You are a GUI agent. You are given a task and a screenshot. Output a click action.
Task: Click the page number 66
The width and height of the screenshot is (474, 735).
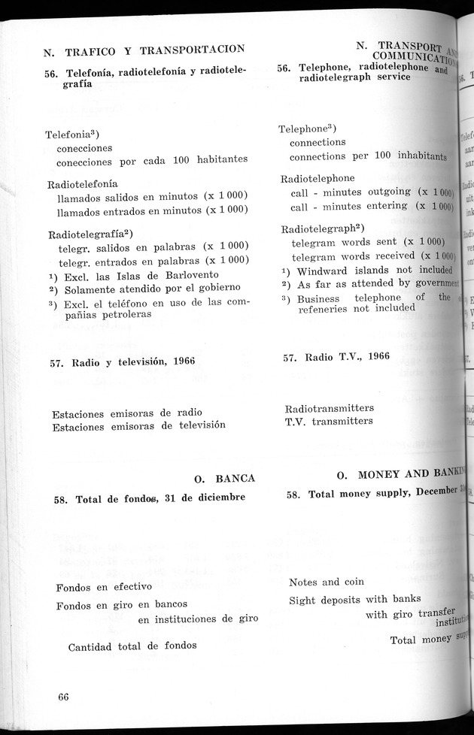[63, 697]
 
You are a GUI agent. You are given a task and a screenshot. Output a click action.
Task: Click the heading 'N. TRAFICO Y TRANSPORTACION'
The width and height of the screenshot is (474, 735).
[144, 50]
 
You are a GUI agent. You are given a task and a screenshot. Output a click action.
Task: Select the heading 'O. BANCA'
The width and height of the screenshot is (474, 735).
[224, 478]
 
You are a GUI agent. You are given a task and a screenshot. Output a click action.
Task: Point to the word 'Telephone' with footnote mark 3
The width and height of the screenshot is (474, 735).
[305, 129]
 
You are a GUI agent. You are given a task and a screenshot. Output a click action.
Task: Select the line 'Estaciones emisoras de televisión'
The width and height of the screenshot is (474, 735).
[139, 426]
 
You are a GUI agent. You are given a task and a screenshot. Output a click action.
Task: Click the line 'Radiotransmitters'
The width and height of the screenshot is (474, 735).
[329, 408]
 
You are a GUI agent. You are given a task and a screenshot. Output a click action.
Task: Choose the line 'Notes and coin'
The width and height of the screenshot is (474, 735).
[327, 582]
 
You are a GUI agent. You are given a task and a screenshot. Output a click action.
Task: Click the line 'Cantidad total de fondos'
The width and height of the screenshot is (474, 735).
[132, 646]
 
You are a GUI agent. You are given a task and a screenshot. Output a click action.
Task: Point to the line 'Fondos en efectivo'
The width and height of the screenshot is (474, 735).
[104, 586]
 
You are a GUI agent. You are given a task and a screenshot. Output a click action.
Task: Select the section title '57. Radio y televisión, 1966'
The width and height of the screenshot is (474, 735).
[124, 361]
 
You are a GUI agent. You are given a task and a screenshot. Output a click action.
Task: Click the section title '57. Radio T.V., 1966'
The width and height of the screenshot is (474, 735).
[336, 357]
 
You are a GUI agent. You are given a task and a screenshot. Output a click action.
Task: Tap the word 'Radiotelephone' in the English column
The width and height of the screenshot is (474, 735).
[318, 179]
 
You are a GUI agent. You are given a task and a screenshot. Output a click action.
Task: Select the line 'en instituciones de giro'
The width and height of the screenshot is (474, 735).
[198, 619]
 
